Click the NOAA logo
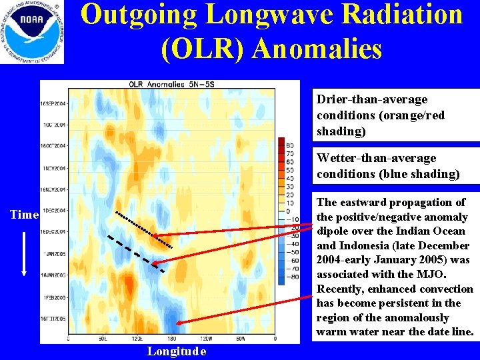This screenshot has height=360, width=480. [x=32, y=32]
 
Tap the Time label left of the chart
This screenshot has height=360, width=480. [x=24, y=215]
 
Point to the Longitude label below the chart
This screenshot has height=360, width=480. [x=177, y=351]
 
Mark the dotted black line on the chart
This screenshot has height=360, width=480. [x=143, y=229]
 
